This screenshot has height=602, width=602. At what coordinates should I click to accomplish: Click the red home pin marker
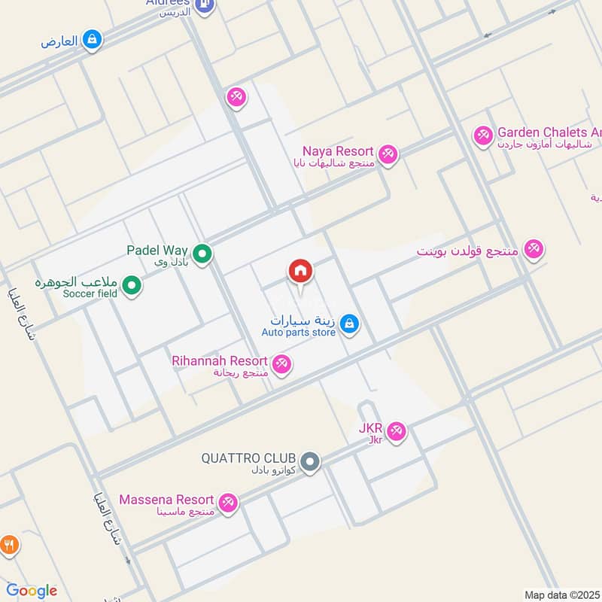[299, 272]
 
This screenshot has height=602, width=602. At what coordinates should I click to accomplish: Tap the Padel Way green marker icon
[202, 255]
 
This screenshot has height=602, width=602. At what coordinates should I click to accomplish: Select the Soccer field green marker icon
[132, 286]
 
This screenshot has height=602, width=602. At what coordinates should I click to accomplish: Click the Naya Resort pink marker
[388, 154]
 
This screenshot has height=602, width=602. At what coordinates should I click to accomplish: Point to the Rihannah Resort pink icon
[282, 364]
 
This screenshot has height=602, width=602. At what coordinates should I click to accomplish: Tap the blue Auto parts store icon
[348, 324]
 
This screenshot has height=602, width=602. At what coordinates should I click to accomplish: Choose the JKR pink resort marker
[397, 432]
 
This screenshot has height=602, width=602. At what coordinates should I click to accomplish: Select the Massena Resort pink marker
[228, 502]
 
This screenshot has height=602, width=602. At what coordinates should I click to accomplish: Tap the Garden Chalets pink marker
[483, 135]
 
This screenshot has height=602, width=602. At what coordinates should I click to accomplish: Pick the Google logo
[32, 591]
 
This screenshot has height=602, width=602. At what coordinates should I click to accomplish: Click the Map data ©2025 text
[561, 594]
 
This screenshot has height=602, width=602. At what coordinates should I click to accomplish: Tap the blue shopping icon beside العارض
[92, 39]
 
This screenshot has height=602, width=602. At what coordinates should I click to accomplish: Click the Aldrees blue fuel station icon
[203, 6]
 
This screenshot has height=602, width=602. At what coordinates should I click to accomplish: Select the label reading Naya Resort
[339, 150]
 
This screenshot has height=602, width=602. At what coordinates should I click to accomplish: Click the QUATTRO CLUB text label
[250, 458]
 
